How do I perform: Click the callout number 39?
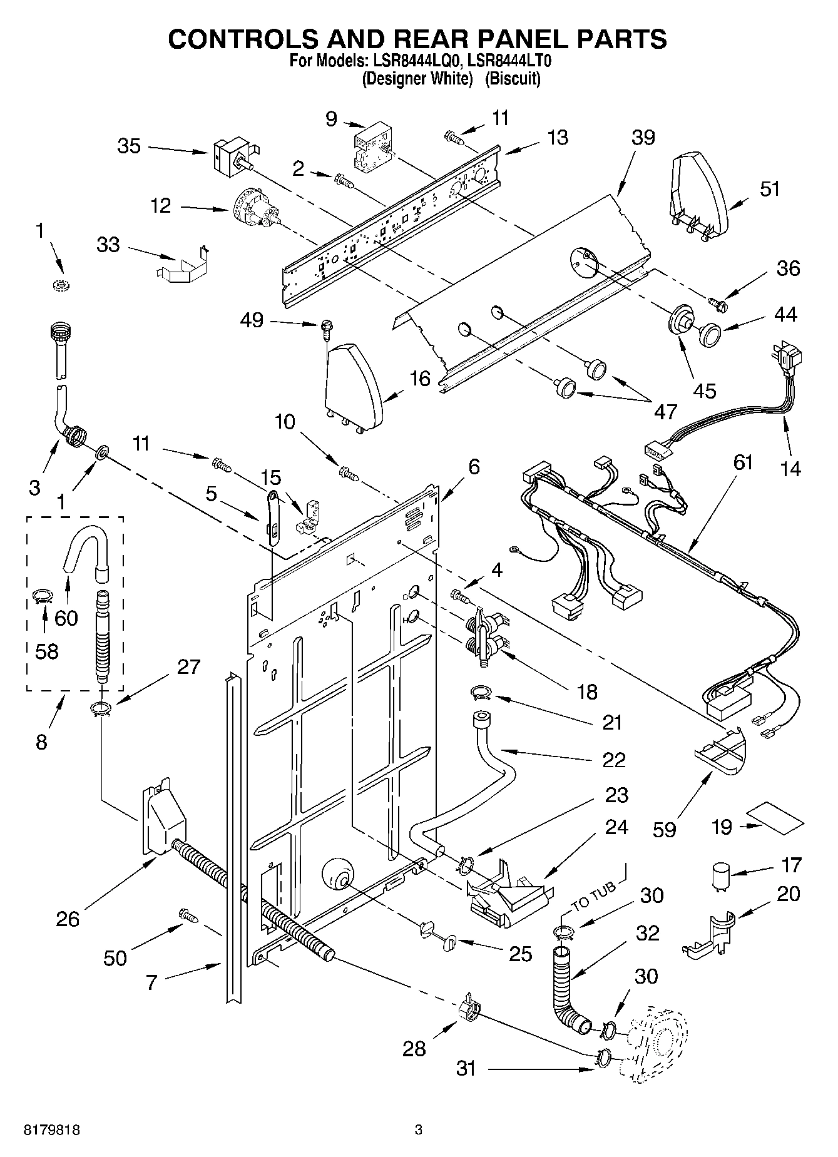pyautogui.click(x=643, y=137)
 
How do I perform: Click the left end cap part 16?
pyautogui.click(x=352, y=386)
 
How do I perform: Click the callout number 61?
pyautogui.click(x=742, y=462)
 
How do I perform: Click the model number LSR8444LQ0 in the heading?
pyautogui.click(x=416, y=61)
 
